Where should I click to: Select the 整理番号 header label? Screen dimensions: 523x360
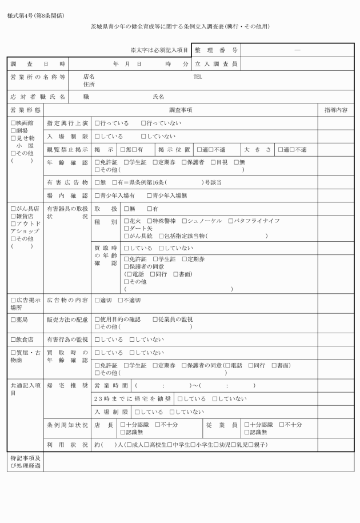(215, 50)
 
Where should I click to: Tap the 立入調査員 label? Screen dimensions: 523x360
(215, 63)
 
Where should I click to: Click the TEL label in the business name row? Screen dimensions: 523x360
(198, 76)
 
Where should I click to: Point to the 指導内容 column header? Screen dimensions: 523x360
(335, 109)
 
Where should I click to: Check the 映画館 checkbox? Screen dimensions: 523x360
(13, 123)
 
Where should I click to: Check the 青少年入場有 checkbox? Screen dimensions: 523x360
(97, 195)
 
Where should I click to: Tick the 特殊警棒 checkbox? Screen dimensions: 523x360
(150, 221)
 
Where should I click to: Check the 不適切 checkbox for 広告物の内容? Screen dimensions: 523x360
(121, 300)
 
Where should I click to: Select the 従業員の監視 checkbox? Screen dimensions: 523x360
(155, 319)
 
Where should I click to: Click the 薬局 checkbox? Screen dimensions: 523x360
(13, 319)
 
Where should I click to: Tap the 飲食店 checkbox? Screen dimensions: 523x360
(13, 340)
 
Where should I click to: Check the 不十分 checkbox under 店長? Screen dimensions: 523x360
(158, 425)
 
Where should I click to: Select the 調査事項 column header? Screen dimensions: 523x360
(181, 109)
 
